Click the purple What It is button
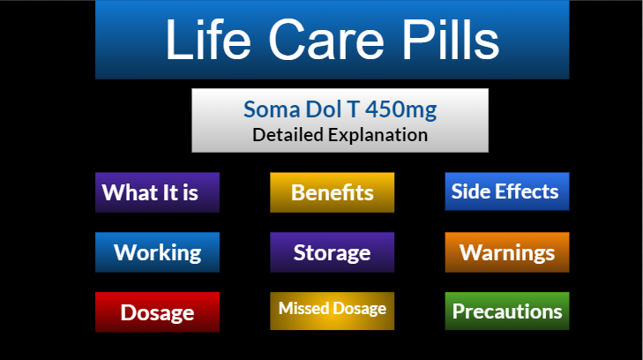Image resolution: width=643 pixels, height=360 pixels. click(x=157, y=192)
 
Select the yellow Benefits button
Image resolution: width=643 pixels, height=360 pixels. click(x=333, y=192)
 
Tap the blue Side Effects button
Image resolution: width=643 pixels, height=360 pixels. click(x=507, y=191)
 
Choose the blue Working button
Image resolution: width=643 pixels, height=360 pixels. click(x=157, y=252)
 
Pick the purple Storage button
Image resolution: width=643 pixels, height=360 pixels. click(x=333, y=252)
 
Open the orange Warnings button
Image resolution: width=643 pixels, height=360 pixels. click(x=507, y=252)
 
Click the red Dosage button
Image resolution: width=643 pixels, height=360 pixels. click(x=157, y=312)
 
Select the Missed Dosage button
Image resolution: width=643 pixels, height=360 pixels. click(x=333, y=311)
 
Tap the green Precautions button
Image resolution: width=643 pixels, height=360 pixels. click(x=507, y=311)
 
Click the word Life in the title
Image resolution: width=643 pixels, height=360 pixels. click(x=208, y=40)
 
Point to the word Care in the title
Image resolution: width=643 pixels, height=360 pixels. click(x=326, y=40)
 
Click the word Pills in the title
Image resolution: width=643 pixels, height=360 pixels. click(x=450, y=40)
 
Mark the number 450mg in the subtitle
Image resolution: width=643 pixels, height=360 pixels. click(x=400, y=109)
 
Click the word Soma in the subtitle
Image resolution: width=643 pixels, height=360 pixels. click(x=272, y=109)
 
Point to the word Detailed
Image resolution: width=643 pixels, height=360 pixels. click(x=288, y=135)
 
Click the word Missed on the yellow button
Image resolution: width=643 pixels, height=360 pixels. click(x=304, y=308)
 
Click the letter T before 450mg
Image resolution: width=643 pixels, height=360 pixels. click(x=353, y=109)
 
